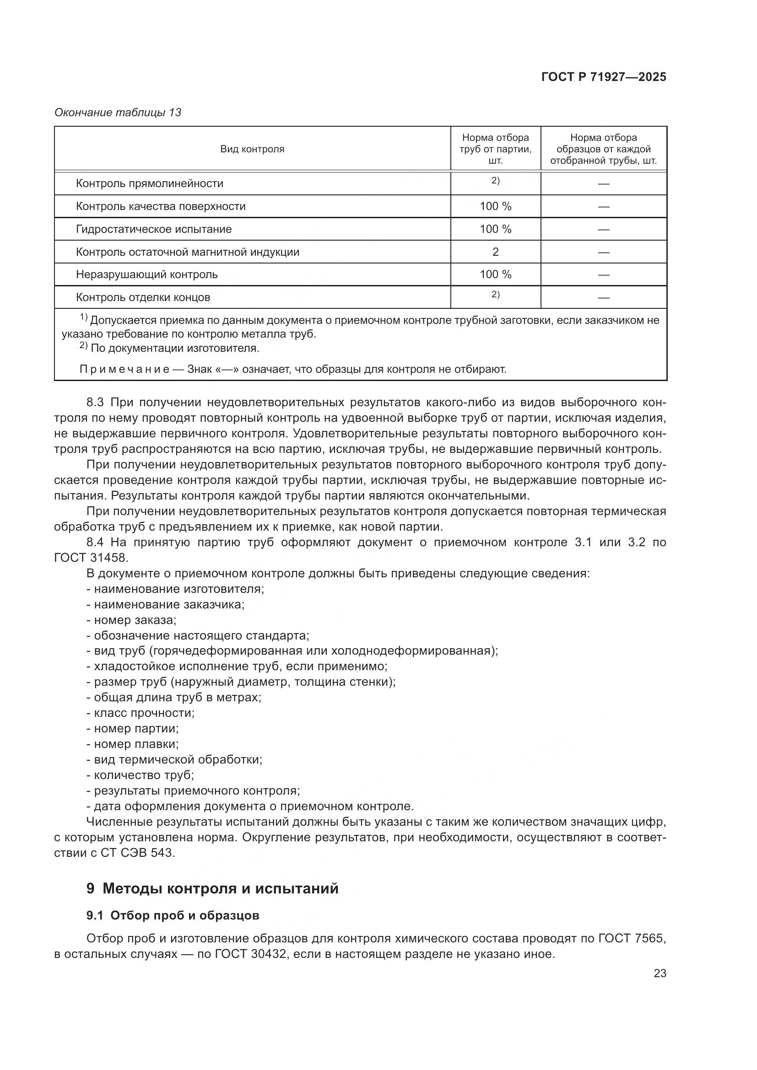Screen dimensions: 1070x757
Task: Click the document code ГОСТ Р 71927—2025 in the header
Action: pos(604,77)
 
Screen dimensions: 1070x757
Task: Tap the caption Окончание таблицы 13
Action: pos(118,113)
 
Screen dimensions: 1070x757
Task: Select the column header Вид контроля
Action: pos(252,149)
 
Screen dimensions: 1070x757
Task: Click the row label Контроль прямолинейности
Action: pos(149,183)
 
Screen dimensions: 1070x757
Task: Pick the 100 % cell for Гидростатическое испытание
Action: pos(496,229)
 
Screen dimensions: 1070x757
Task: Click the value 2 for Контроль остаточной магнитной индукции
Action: pos(496,252)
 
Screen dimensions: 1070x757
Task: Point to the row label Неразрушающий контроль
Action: pos(146,274)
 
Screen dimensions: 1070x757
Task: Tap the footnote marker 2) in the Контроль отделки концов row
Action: pos(496,295)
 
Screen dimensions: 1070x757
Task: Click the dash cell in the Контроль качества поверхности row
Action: pos(604,206)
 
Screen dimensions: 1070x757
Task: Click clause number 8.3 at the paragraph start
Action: pos(97,402)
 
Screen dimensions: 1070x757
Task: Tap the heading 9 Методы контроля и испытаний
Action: pos(212,889)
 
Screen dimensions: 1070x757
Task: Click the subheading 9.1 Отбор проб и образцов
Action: pos(173,916)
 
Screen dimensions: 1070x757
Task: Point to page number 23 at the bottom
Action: pos(660,973)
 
